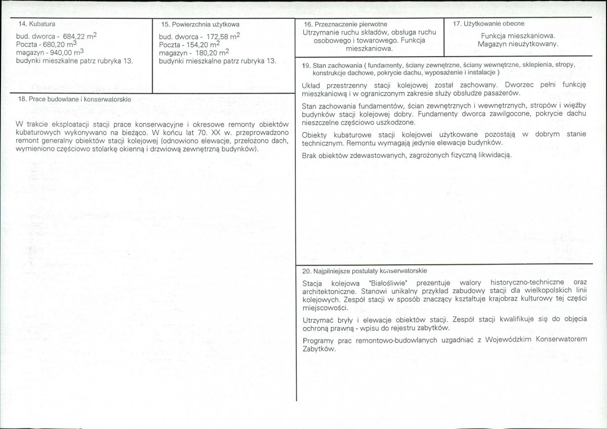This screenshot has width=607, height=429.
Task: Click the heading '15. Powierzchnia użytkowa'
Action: point(200,24)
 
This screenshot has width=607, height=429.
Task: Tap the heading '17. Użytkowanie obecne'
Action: point(489,23)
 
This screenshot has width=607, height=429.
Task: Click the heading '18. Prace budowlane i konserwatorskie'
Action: point(74,100)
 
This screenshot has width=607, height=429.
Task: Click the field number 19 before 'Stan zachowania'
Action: point(306,65)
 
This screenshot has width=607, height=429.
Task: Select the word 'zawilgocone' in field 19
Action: point(509,114)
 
